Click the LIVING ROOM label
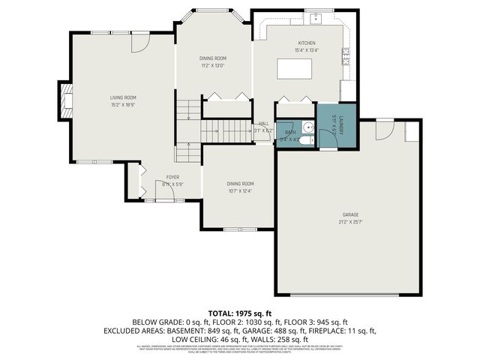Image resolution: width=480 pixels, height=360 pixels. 123,97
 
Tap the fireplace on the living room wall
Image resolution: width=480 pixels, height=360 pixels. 66,101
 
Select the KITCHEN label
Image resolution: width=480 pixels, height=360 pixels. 307,43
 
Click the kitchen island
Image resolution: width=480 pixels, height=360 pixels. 294,69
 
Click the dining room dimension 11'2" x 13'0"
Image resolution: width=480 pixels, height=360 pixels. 213,65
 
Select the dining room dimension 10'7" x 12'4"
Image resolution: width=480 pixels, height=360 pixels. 240,190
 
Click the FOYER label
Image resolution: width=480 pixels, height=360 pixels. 172,177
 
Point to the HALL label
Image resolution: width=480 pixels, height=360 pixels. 263,124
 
